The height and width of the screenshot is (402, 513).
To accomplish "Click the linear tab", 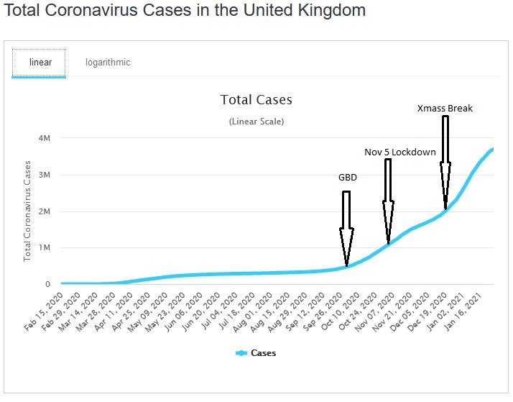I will coord(40,62).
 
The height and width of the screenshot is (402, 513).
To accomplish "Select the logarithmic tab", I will coord(108,62).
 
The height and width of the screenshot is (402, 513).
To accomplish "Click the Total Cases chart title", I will coord(256,100).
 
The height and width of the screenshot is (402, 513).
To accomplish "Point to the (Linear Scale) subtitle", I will coord(256,122).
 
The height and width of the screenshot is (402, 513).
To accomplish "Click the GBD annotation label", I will coord(348,177).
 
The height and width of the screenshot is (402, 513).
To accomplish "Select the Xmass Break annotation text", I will coord(445,109).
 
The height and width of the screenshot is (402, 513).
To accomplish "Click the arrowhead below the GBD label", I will coord(347,248).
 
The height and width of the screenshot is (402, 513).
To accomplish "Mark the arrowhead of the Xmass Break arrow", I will coord(445,188).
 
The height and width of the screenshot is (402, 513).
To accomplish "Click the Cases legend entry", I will coord(256,353).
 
